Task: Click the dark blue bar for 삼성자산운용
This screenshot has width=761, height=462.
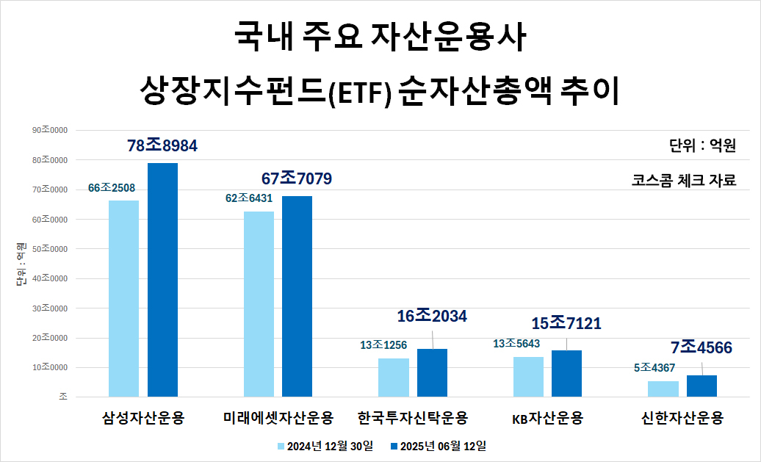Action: pyautogui.click(x=162, y=280)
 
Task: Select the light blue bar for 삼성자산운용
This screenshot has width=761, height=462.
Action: pyautogui.click(x=123, y=298)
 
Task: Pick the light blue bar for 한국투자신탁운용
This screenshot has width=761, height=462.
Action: pyautogui.click(x=393, y=378)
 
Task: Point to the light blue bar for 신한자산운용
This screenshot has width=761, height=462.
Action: pyautogui.click(x=663, y=389)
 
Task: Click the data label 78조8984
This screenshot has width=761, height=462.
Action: pyautogui.click(x=162, y=146)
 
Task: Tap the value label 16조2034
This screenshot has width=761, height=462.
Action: pyautogui.click(x=432, y=317)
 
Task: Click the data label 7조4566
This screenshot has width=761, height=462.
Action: pyautogui.click(x=701, y=347)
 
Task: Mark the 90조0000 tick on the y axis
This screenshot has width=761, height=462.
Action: pyautogui.click(x=49, y=130)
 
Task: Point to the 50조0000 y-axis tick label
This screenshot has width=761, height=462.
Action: pyautogui.click(x=49, y=249)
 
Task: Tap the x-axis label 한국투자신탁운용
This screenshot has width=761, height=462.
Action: pyautogui.click(x=412, y=419)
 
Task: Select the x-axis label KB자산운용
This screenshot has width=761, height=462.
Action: pyautogui.click(x=547, y=419)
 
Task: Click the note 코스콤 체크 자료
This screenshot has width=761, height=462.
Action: pyautogui.click(x=683, y=180)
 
